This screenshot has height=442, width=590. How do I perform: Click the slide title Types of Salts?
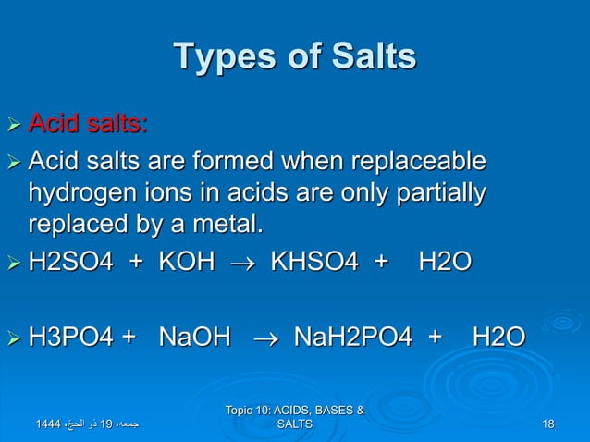pos(295,57)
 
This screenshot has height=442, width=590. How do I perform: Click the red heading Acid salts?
pos(88,122)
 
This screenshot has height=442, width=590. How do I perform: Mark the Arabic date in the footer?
pos(88,424)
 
